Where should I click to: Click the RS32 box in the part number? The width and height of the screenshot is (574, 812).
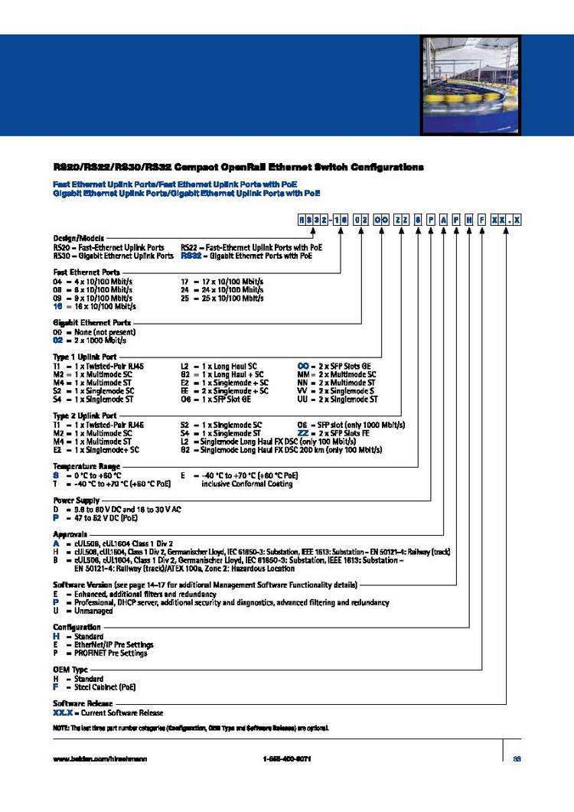(x=315, y=220)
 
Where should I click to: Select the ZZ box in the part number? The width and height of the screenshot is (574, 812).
(x=402, y=220)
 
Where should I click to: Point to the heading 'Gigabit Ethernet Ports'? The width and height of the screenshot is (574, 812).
(x=92, y=323)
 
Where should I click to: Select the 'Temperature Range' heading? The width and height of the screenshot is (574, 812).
(x=86, y=466)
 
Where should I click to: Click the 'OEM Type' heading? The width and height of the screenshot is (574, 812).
(x=72, y=669)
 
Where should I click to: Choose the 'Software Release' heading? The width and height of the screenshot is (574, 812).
(x=83, y=703)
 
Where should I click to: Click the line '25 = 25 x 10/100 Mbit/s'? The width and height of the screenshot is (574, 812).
(x=222, y=298)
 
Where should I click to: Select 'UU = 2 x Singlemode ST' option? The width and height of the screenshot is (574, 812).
(x=338, y=399)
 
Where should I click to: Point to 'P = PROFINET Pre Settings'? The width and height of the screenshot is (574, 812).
(x=100, y=653)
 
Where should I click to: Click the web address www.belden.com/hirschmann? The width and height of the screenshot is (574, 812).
(x=100, y=758)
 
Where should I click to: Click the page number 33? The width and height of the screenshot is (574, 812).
(x=517, y=758)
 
